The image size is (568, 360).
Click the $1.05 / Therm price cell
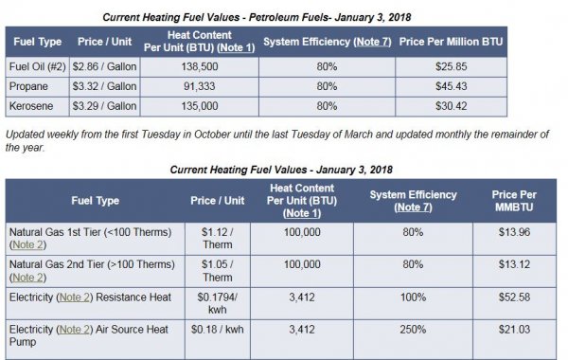coord(217,270)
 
